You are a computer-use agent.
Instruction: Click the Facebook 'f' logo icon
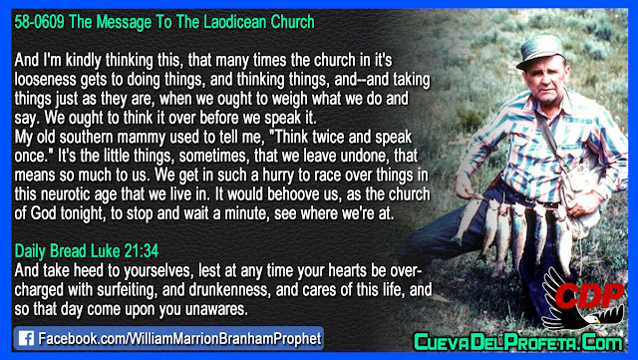pyautogui.click(x=27, y=338)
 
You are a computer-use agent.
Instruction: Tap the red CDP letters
pyautogui.click(x=590, y=295)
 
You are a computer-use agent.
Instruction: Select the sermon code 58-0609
pyautogui.click(x=39, y=22)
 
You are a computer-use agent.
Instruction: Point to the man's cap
pyautogui.click(x=540, y=51)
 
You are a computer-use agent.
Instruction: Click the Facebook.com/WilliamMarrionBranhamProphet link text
pyautogui.click(x=179, y=338)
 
